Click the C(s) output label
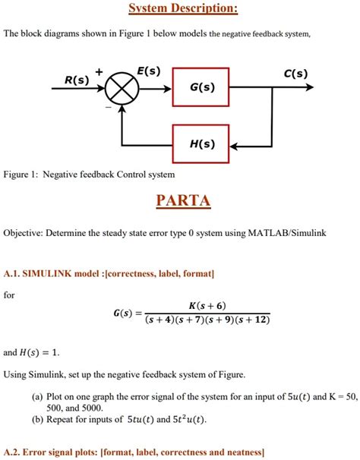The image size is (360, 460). pyautogui.click(x=295, y=74)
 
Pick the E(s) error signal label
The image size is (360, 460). pyautogui.click(x=149, y=71)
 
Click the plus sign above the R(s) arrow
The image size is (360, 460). pyautogui.click(x=98, y=71)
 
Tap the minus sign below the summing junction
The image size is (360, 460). pyautogui.click(x=108, y=108)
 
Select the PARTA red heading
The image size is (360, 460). pyautogui.click(x=183, y=201)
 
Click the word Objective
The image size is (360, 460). pyautogui.click(x=25, y=234)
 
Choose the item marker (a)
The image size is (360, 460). pyautogui.click(x=37, y=395)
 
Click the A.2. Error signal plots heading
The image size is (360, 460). pyautogui.click(x=134, y=452)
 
